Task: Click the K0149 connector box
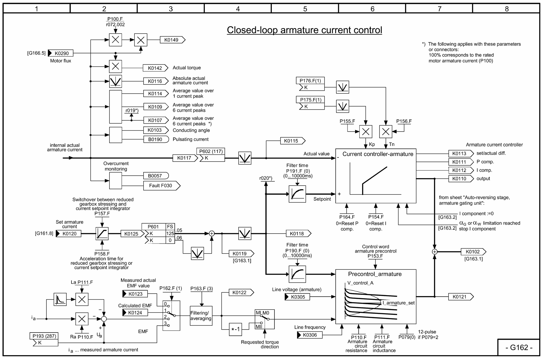click(172, 40)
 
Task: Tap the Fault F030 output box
click(161, 186)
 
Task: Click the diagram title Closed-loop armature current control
click(304, 30)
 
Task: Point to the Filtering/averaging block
click(201, 316)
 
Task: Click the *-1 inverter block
click(235, 329)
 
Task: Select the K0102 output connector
click(473, 252)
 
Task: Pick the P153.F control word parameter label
click(375, 256)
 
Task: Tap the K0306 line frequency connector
click(310, 335)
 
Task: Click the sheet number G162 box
click(519, 348)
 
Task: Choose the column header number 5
click(305, 9)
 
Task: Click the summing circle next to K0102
click(434, 252)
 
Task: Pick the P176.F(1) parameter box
click(310, 81)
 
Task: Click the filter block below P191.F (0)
click(297, 194)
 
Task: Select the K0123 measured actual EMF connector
click(135, 294)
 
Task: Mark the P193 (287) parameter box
click(44, 336)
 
